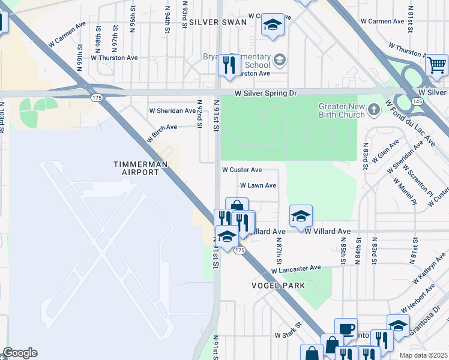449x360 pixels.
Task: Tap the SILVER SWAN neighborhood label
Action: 218,22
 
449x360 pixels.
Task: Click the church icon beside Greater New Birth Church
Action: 374,110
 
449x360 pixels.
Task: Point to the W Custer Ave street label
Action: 242,170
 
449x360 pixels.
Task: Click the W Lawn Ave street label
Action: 258,186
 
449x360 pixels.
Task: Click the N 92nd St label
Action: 199,113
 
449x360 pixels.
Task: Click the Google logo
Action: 20,353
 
